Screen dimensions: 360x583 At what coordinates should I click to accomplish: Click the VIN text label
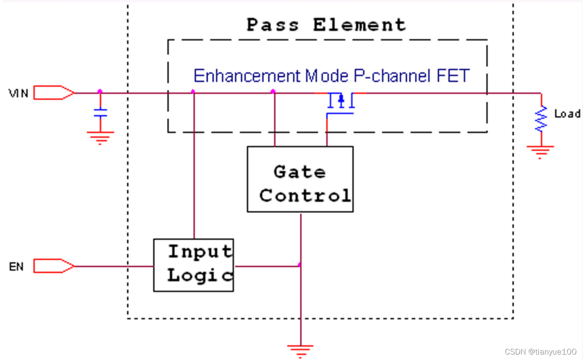click(18, 93)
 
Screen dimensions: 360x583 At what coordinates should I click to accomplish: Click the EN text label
click(16, 267)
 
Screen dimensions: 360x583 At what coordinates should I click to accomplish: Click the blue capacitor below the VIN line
click(100, 113)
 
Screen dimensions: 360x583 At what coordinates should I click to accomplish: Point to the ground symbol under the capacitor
click(100, 137)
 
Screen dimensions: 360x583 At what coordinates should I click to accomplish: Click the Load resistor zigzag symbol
click(541, 119)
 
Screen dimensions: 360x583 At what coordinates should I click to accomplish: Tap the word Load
click(567, 114)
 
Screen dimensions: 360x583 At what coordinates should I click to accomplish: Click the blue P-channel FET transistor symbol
click(341, 103)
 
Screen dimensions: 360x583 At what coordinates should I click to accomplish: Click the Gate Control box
click(300, 179)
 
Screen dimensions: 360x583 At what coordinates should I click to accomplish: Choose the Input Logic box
click(193, 265)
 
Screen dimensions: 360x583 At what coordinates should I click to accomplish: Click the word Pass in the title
click(272, 25)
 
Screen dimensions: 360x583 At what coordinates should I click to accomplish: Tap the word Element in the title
click(359, 25)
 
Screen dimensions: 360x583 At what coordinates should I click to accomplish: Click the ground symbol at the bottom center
click(300, 350)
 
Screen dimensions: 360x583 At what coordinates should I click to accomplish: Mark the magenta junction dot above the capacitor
click(100, 91)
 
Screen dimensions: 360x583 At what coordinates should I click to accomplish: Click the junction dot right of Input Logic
click(299, 265)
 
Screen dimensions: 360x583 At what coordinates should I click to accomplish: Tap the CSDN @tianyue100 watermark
click(540, 352)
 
